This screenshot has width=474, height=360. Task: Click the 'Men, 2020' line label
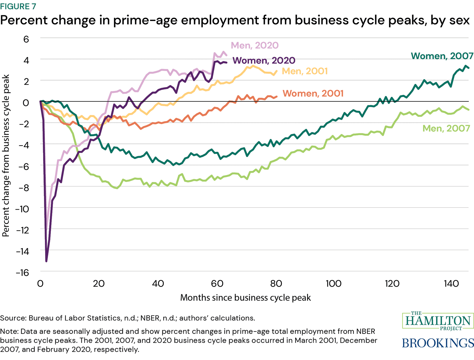254,45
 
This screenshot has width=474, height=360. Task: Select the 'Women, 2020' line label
264,60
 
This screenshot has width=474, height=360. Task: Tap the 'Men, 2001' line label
304,71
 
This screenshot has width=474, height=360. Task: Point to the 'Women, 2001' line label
313,94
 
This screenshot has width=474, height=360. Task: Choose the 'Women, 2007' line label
442,56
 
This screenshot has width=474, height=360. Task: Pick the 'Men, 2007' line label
446,128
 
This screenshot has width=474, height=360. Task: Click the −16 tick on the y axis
23,273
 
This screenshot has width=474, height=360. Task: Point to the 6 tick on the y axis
26,39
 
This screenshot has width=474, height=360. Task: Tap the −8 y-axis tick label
23,188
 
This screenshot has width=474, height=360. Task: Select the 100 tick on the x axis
334,283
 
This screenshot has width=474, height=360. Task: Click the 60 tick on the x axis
217,283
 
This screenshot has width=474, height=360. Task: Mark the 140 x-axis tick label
451,283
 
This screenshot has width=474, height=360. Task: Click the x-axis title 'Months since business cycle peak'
245,298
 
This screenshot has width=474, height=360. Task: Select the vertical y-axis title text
6,155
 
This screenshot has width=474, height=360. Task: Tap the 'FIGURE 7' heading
18,6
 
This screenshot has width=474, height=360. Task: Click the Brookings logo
438,343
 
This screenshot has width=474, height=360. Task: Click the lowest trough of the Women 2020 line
46,261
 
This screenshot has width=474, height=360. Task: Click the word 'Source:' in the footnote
13,318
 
